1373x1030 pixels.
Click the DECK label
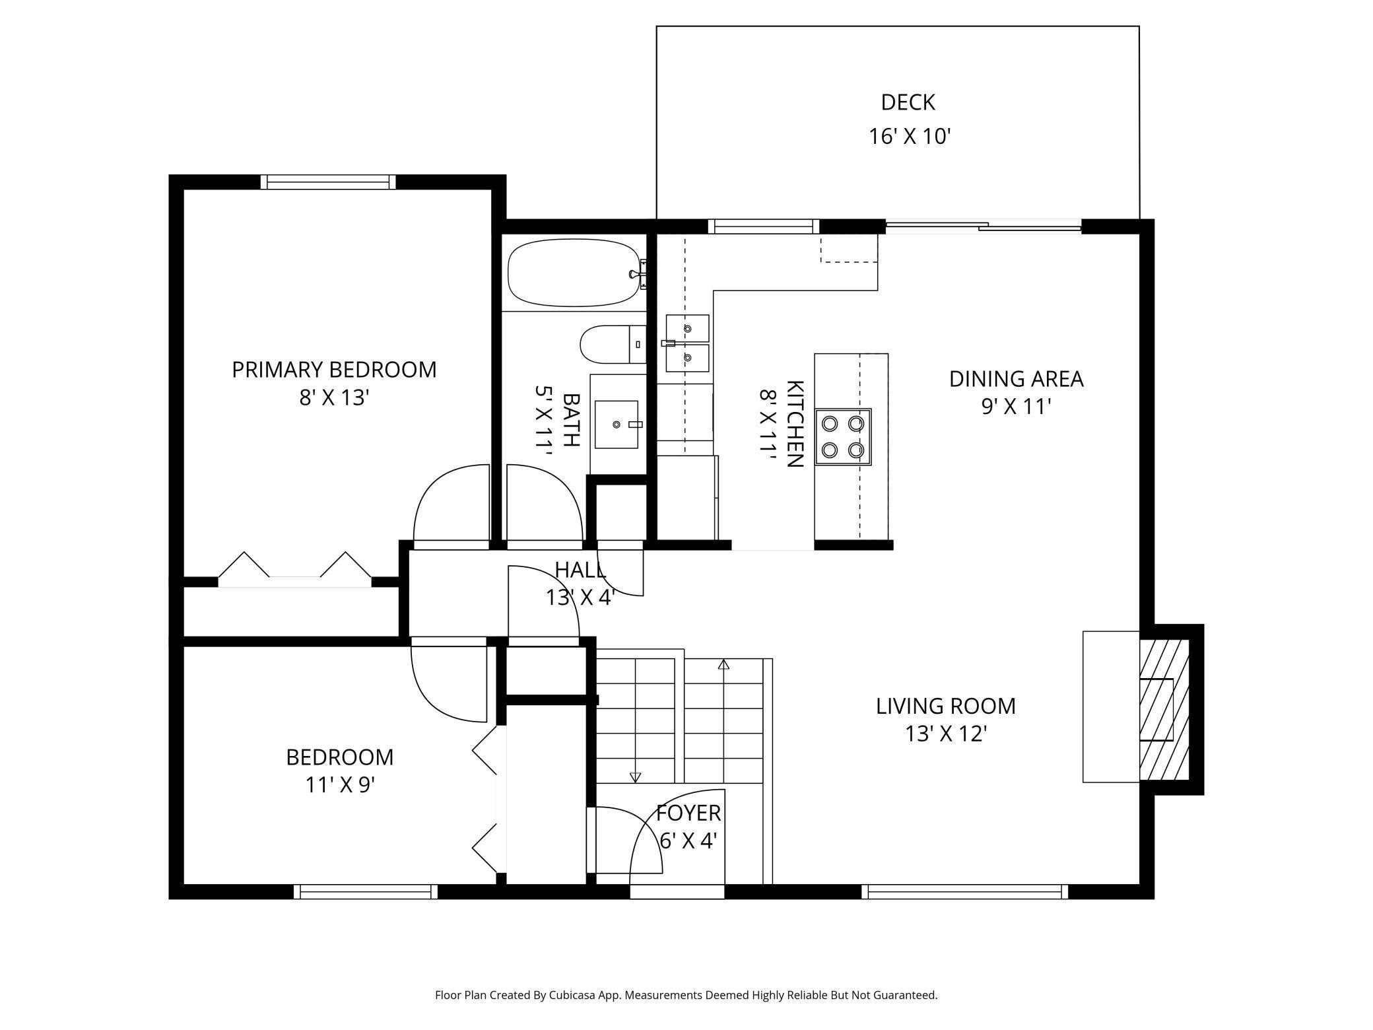[x=908, y=102]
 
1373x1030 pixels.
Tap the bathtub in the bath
[x=574, y=273]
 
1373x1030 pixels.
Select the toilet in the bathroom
[x=613, y=344]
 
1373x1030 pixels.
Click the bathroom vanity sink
[x=617, y=424]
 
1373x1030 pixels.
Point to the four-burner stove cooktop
[x=843, y=436]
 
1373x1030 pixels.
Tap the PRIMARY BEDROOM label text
[x=334, y=370]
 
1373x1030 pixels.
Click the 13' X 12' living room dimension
[x=945, y=734]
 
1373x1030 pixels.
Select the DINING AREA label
[x=1016, y=379]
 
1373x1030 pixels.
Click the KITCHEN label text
[x=794, y=424]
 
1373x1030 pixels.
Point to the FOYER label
[x=688, y=813]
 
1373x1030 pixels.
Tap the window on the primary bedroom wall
[x=328, y=182]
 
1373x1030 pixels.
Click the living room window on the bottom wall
[x=964, y=892]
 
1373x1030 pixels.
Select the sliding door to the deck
[x=983, y=227]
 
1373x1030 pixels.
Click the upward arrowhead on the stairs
[x=723, y=664]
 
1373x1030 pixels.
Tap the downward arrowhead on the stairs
[x=635, y=778]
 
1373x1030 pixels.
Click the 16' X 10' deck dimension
[x=909, y=137]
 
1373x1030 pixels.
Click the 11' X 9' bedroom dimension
[x=340, y=785]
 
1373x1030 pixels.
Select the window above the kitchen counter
[x=764, y=226]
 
